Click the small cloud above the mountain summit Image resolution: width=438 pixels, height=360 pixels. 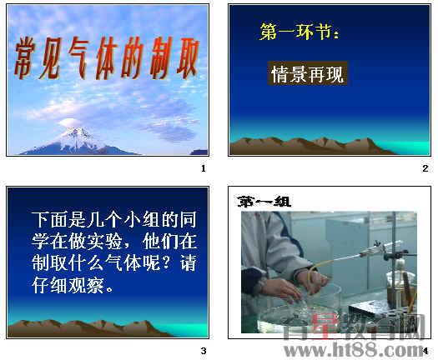pos(71,123)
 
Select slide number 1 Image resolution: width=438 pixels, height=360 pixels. pos(203,169)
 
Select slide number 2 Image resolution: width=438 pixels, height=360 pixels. pos(425,169)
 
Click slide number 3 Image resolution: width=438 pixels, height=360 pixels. pos(203,349)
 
